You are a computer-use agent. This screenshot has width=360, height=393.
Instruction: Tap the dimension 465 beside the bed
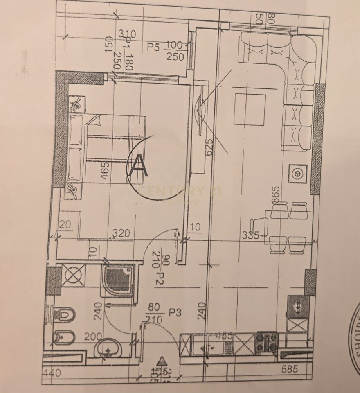(x=105, y=171)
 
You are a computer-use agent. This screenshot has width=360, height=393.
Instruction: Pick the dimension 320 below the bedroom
(x=122, y=233)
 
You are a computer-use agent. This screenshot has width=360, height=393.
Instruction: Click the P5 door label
(x=153, y=47)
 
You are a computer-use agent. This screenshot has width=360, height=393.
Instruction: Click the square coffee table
(x=250, y=109)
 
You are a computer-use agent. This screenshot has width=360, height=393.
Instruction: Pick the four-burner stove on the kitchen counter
(x=266, y=342)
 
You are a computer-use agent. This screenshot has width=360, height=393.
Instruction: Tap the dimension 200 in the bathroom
(x=93, y=337)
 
